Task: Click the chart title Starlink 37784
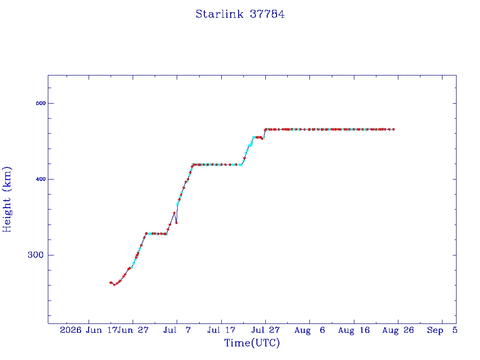(240, 14)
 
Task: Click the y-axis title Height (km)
(7, 199)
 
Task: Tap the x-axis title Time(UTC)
(252, 343)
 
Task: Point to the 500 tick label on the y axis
(41, 103)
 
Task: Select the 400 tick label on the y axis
(41, 179)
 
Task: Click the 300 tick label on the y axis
(36, 255)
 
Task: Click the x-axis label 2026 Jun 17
(89, 330)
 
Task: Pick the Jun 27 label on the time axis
(133, 330)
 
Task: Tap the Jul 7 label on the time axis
(177, 330)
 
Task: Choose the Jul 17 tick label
(221, 330)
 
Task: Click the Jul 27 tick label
(265, 330)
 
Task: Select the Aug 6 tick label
(309, 330)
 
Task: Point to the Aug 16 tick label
(354, 330)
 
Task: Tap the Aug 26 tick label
(398, 330)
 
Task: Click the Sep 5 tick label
(442, 330)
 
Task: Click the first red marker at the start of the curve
(111, 283)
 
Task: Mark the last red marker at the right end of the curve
(394, 129)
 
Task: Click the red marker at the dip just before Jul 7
(176, 223)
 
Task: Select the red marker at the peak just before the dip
(174, 213)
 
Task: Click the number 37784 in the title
(267, 14)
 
